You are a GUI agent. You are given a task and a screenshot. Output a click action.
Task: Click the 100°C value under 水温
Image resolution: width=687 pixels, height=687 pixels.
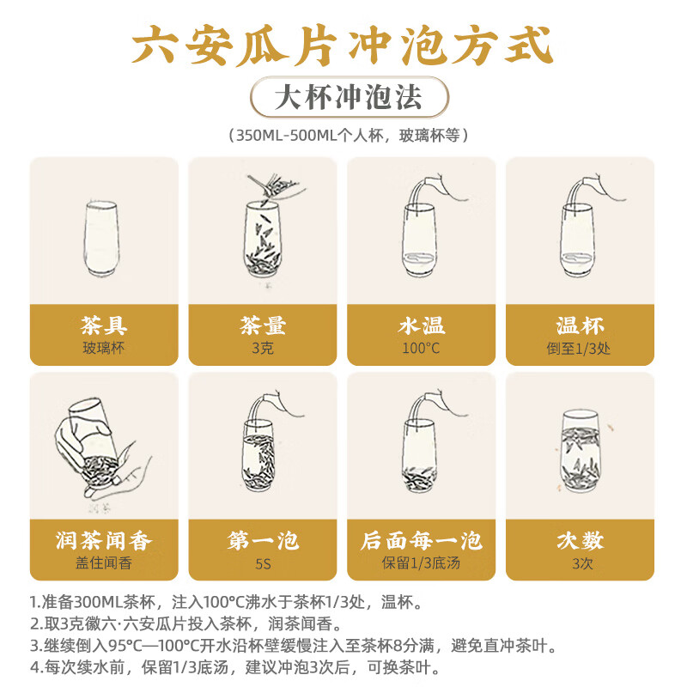(421, 349)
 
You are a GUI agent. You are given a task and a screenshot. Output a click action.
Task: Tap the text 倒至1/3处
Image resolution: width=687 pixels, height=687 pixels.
(580, 349)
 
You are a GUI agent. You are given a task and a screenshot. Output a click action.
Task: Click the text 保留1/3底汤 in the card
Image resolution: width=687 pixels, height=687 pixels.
(421, 563)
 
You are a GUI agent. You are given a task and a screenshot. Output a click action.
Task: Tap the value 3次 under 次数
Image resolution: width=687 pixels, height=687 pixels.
(580, 563)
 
